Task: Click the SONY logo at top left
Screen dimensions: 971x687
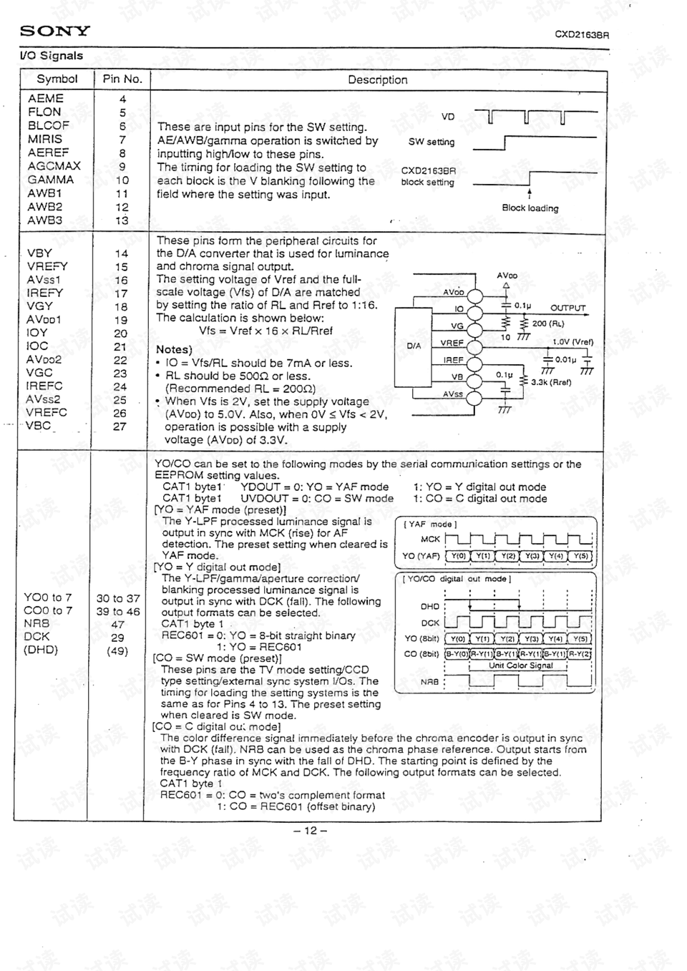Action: tap(54, 31)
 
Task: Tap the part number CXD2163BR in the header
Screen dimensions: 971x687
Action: tap(582, 34)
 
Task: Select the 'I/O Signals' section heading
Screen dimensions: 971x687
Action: tap(52, 56)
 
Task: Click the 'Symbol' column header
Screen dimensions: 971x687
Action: tap(57, 79)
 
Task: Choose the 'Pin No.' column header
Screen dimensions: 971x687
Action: tap(122, 79)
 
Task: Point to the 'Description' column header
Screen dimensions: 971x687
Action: tap(377, 80)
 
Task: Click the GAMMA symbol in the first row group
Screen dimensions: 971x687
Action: tap(51, 180)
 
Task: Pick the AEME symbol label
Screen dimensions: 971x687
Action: tap(46, 98)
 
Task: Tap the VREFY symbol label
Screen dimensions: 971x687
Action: tap(47, 266)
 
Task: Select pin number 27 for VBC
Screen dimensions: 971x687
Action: tap(120, 426)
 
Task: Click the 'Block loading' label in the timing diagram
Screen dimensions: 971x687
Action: tap(530, 208)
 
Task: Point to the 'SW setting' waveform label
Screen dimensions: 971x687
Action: tap(431, 142)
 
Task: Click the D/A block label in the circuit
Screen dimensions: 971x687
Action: tap(414, 346)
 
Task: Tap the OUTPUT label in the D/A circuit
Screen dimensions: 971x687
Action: tap(567, 308)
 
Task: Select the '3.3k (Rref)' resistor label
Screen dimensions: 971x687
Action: tap(551, 382)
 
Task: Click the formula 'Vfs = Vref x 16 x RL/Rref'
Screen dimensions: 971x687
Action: tap(265, 331)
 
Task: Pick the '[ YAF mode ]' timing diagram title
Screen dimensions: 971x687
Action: tap(430, 524)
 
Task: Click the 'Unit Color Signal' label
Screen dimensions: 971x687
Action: tap(521, 665)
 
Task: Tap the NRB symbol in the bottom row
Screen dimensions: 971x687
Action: tap(36, 623)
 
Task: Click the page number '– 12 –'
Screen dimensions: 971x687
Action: tap(310, 831)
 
